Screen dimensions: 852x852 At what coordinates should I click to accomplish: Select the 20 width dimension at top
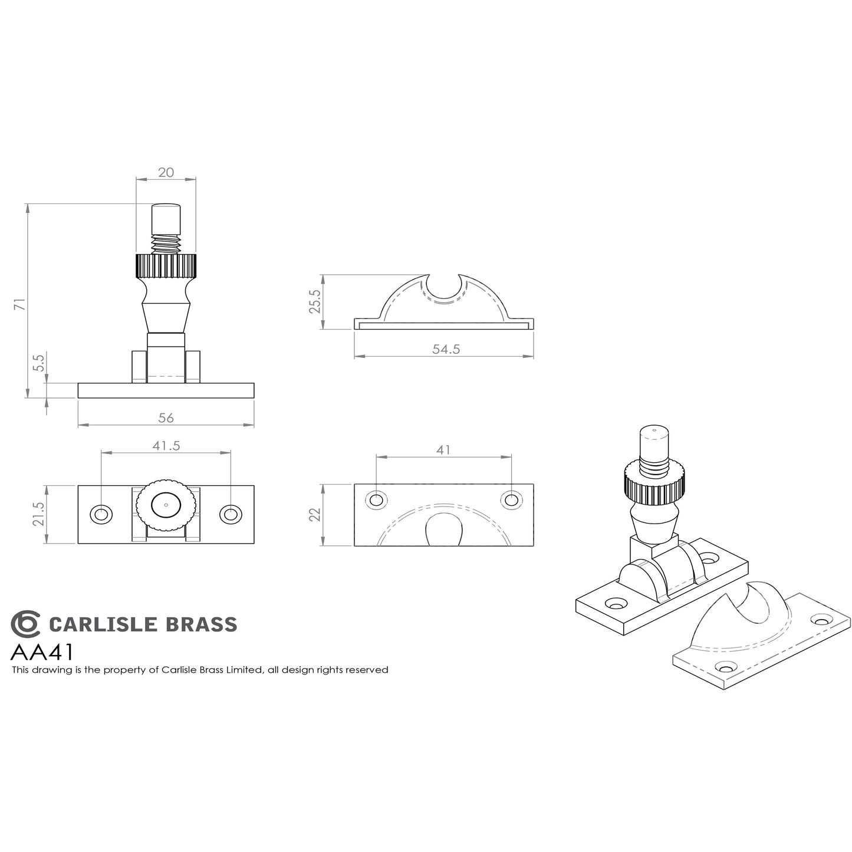(x=166, y=172)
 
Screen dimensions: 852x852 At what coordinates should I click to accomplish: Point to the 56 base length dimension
(x=166, y=417)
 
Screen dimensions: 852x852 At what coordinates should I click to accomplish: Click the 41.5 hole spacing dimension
(x=166, y=446)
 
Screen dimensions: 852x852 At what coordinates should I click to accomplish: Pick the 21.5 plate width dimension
(x=38, y=514)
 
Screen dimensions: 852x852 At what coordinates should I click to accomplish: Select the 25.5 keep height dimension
(x=314, y=301)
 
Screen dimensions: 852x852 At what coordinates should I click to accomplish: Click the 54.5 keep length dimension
(x=445, y=349)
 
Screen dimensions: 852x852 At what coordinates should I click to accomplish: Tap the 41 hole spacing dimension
(x=443, y=450)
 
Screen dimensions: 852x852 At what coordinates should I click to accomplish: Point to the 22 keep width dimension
(x=314, y=515)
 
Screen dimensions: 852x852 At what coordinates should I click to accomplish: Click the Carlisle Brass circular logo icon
(x=25, y=624)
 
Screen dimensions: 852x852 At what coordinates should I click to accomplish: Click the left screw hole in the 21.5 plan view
(x=101, y=514)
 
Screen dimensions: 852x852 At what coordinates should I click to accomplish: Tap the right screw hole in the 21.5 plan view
(x=231, y=514)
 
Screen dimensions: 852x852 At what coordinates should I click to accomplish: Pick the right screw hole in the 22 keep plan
(x=511, y=500)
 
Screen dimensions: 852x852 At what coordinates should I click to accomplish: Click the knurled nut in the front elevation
(x=166, y=266)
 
